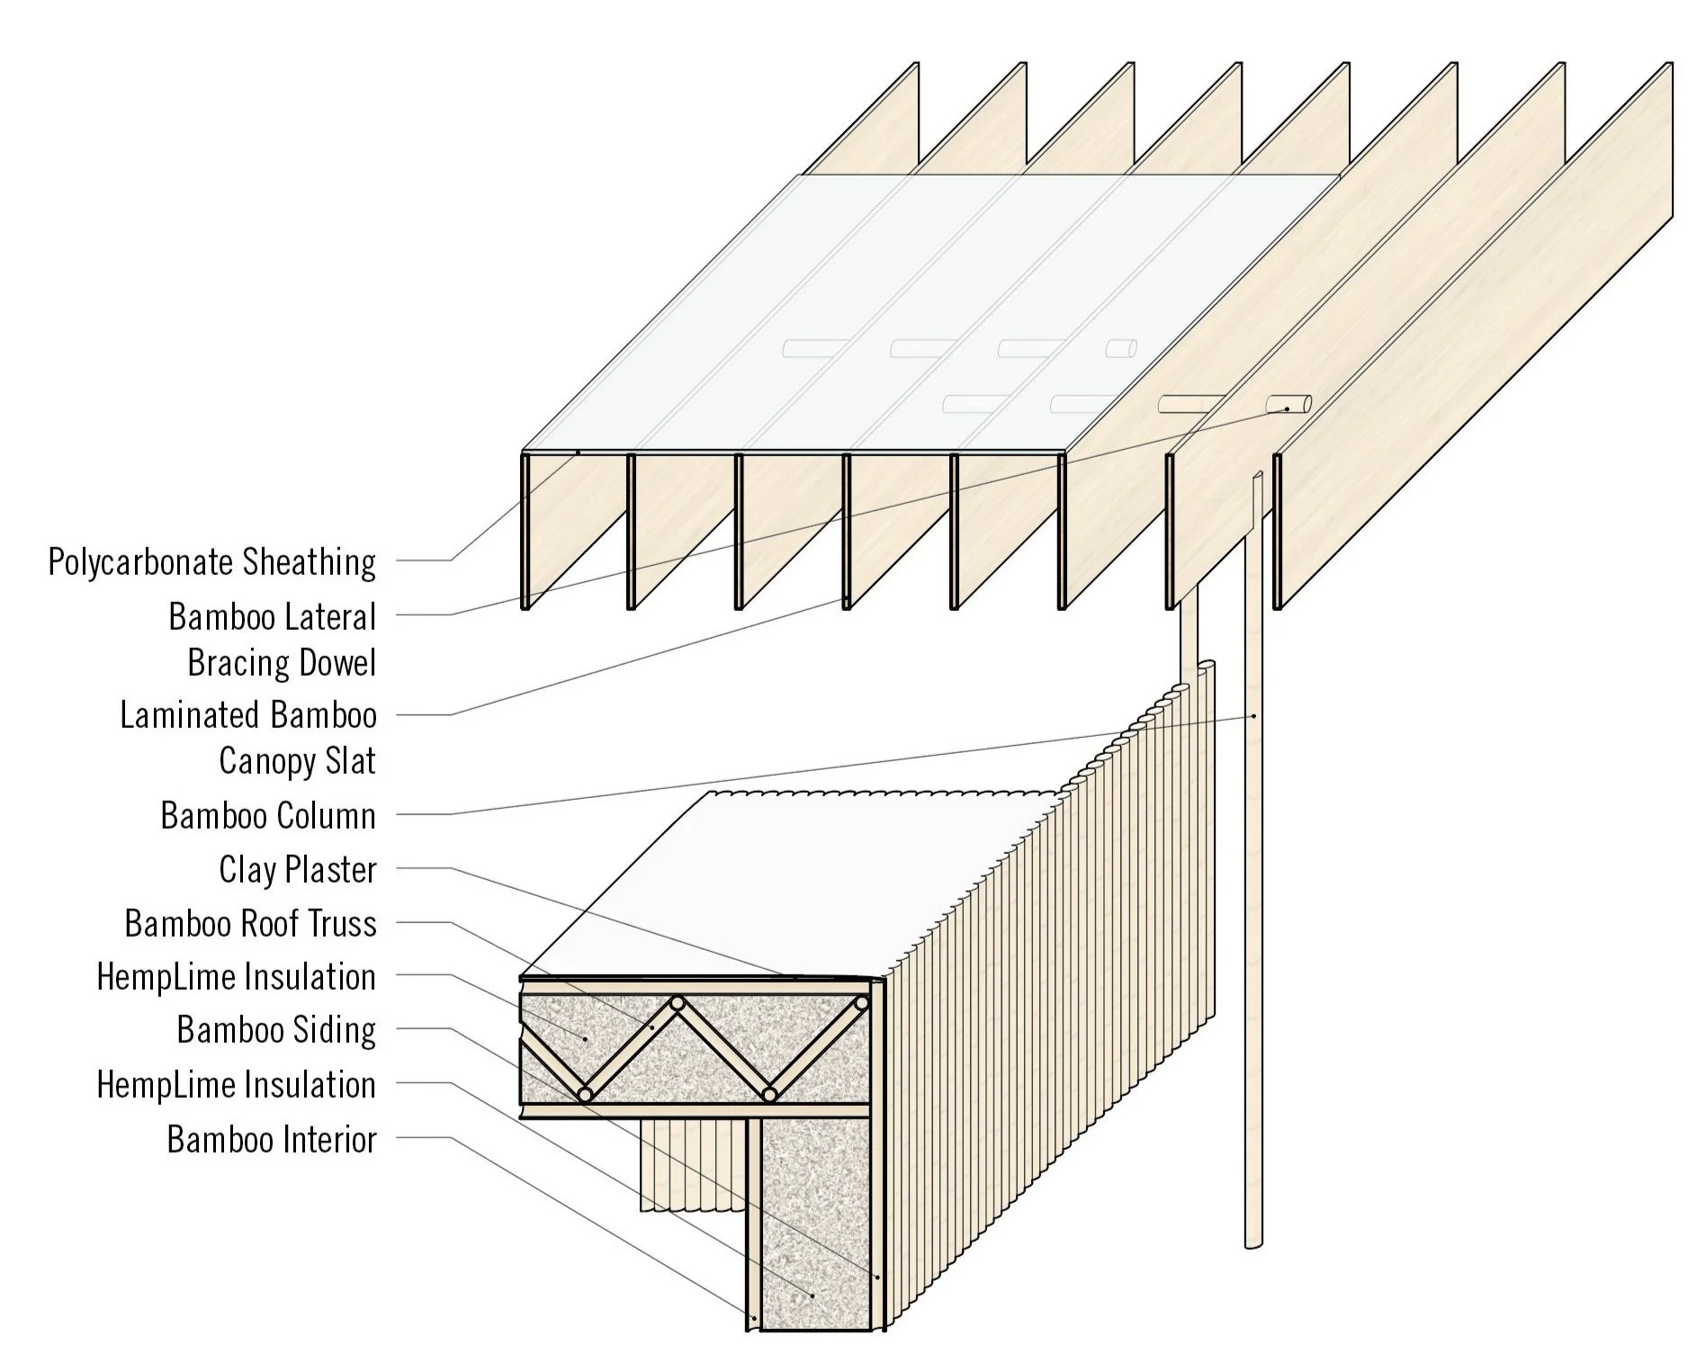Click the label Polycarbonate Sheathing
[212, 562]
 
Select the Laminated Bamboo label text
[248, 715]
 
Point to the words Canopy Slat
[297, 762]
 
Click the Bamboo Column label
[268, 816]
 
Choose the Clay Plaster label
[297, 870]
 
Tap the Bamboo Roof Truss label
[250, 924]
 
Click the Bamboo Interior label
[272, 1140]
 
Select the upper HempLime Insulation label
[236, 977]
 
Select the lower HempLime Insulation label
[236, 1085]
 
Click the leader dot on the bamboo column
[1254, 716]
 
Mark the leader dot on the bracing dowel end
[1287, 409]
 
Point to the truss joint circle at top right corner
[861, 1003]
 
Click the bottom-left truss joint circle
[585, 1094]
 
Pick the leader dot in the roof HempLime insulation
[586, 1038]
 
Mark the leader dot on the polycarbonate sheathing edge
[579, 452]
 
